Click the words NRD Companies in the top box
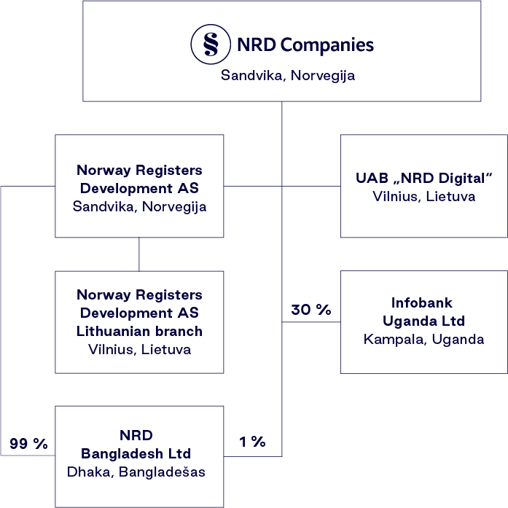[x=305, y=45]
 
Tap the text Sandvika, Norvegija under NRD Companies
[x=288, y=75]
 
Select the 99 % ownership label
[x=28, y=442]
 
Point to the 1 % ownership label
[x=252, y=442]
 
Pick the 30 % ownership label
[x=311, y=310]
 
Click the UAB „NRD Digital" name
[x=424, y=179]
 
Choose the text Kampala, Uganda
[x=423, y=339]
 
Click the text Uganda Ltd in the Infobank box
[x=423, y=321]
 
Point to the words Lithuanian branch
[x=139, y=331]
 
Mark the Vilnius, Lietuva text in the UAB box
[x=424, y=196]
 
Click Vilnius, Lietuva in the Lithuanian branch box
[x=139, y=349]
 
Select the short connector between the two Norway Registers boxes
[x=139, y=254]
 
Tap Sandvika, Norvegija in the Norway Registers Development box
[x=139, y=206]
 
